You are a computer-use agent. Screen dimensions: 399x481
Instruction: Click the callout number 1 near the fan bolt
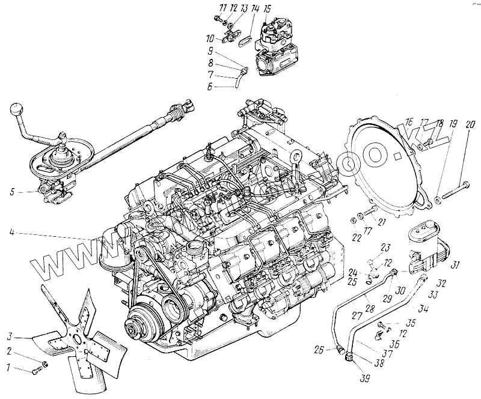9,367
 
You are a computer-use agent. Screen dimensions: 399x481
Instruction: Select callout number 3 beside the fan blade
9,336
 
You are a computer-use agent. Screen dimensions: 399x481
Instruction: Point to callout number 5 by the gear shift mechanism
11,193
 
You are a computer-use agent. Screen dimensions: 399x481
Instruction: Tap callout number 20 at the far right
470,124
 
